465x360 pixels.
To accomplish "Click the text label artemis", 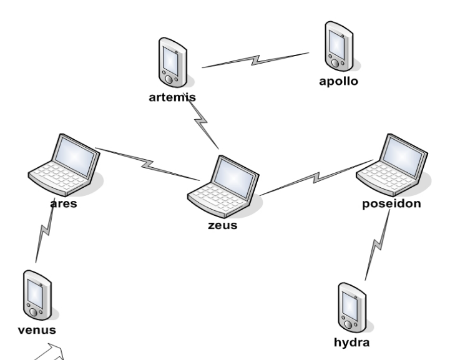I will pyautogui.click(x=173, y=97).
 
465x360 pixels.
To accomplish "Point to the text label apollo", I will pyautogui.click(x=338, y=80).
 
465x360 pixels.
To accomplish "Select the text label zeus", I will pyautogui.click(x=222, y=225).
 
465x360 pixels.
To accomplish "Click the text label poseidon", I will pyautogui.click(x=391, y=204).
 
